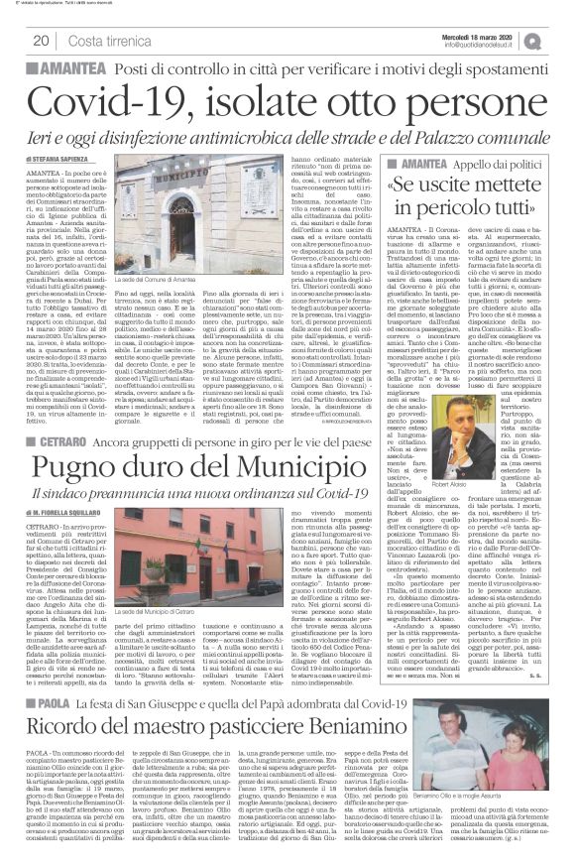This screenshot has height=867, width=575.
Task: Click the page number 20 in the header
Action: point(42,39)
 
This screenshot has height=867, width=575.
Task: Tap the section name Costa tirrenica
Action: point(103,39)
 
